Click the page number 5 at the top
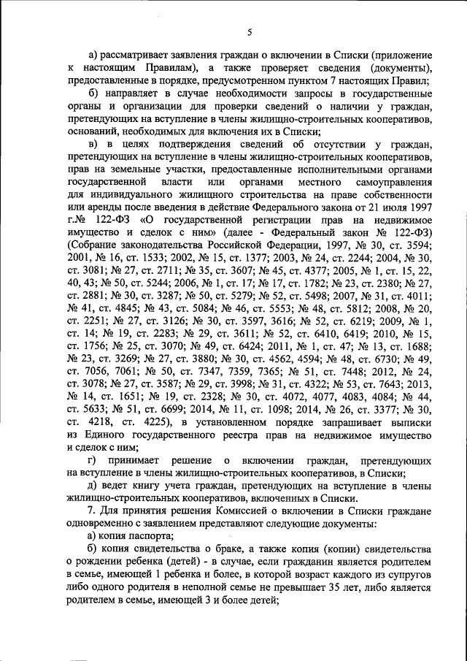tap(249, 32)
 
